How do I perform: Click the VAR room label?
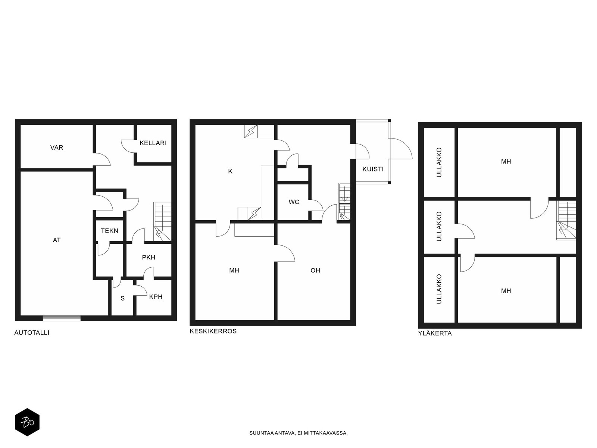(57, 147)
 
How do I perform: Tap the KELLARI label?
(153, 143)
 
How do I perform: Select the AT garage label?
(57, 240)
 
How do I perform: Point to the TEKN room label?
(109, 231)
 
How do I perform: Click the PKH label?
(149, 257)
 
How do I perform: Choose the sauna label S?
(123, 298)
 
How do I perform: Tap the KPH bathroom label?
(156, 297)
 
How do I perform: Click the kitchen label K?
(230, 171)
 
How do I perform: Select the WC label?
(294, 202)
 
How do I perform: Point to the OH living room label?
(315, 270)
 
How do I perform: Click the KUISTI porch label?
(373, 169)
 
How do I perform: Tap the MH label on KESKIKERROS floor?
(234, 270)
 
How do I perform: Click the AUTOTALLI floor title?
(32, 333)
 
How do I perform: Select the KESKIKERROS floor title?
(213, 331)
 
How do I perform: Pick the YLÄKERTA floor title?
(435, 333)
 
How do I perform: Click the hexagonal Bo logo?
(27, 422)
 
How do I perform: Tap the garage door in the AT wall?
(62, 318)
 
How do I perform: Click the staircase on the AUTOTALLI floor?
(162, 221)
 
